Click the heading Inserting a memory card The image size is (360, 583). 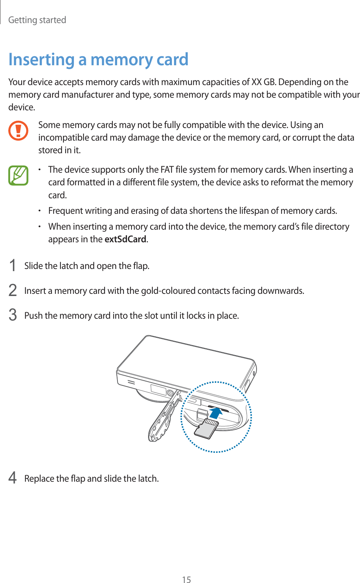coord(98,59)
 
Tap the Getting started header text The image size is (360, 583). coord(37,20)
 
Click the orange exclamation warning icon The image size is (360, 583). coord(18,131)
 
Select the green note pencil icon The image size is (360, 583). coord(18,175)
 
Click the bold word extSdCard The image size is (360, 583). coord(125,239)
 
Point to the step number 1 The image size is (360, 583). coord(13,266)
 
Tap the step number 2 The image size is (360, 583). coord(13,291)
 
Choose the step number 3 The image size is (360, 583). coord(13,315)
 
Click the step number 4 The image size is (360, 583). coord(13,478)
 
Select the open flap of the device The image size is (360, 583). coord(163,418)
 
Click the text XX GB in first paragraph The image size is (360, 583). coord(263,82)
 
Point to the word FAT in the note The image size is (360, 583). coord(167,170)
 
